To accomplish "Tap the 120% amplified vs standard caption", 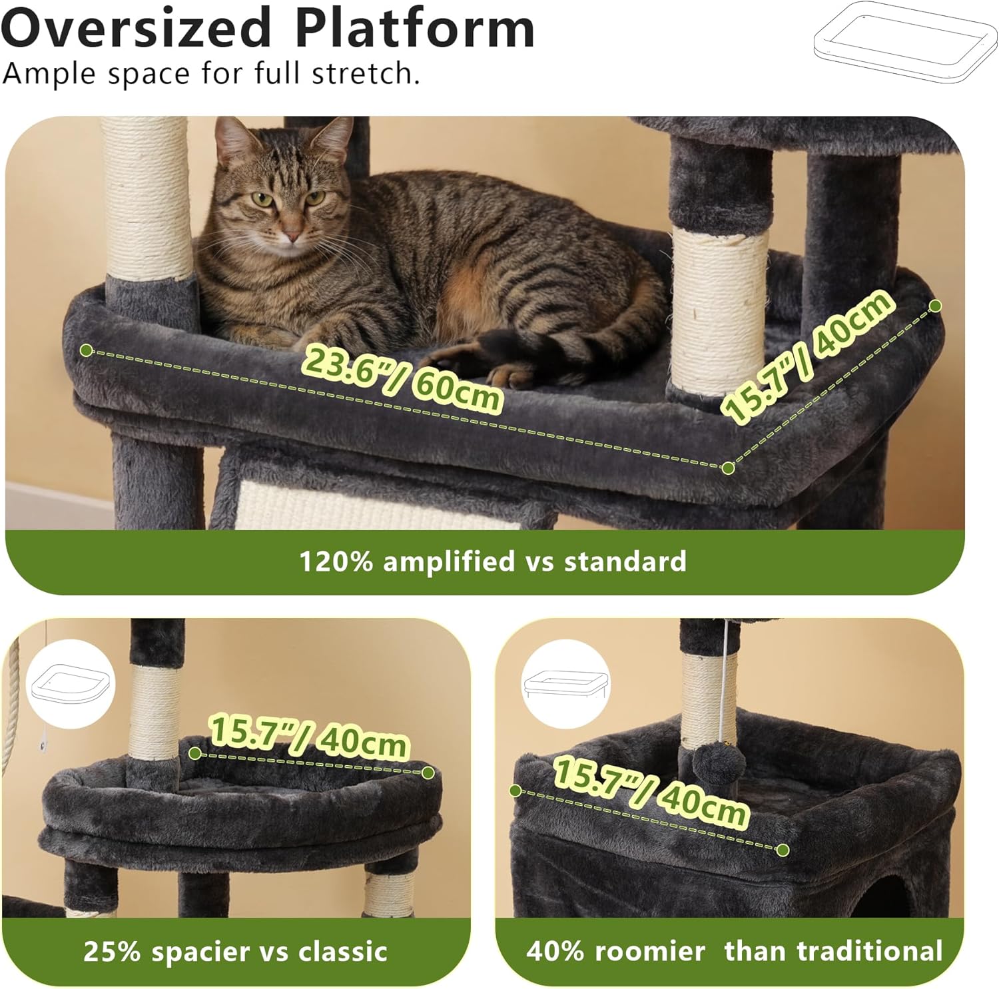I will point(492,561).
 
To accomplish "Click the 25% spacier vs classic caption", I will point(235,951).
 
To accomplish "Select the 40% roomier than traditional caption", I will point(733,951).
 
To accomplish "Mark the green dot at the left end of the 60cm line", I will point(86,350).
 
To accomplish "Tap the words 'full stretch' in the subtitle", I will point(337,73).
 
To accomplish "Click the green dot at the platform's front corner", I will point(728,468).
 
